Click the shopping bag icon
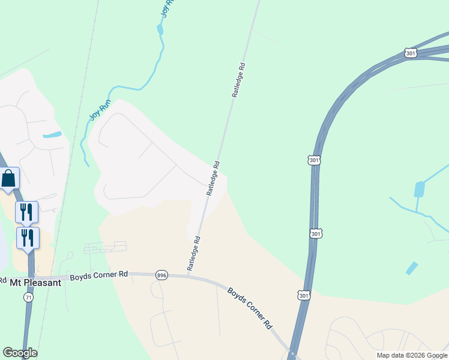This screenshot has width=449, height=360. pyautogui.click(x=9, y=178)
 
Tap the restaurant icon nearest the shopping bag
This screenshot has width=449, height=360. pyautogui.click(x=26, y=212)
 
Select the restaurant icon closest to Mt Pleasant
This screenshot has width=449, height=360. pyautogui.click(x=27, y=238)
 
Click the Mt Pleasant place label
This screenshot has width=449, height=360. pyautogui.click(x=35, y=282)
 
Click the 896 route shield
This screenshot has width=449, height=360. pyautogui.click(x=161, y=275)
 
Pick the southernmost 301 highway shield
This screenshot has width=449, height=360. pyautogui.click(x=304, y=295)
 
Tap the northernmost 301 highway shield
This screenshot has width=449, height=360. pyautogui.click(x=411, y=53)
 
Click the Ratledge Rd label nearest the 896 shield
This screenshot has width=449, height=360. pyautogui.click(x=193, y=254)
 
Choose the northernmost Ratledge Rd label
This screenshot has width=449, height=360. pyautogui.click(x=239, y=80)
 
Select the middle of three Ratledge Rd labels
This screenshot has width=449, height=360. pyautogui.click(x=213, y=178)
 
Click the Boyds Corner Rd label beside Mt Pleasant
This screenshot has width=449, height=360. pyautogui.click(x=99, y=275)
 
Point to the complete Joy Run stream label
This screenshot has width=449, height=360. pyautogui.click(x=100, y=110)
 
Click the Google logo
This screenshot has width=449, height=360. pyautogui.click(x=20, y=353)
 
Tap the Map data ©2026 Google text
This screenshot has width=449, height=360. pyautogui.click(x=412, y=355)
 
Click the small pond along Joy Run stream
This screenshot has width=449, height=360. pyautogui.click(x=160, y=29)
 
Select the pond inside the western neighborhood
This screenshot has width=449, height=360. pyautogui.click(x=52, y=134)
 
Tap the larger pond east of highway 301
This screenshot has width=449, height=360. pyautogui.click(x=420, y=190)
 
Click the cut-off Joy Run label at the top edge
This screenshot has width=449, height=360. pyautogui.click(x=167, y=8)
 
